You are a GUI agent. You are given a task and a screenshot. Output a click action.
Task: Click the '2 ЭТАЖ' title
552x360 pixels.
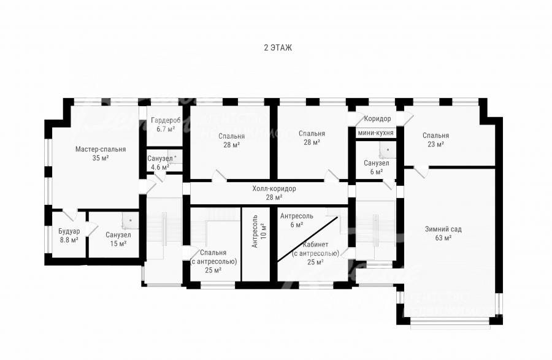(x=278, y=47)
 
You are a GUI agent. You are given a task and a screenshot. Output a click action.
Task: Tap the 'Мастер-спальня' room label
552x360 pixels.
(x=101, y=149)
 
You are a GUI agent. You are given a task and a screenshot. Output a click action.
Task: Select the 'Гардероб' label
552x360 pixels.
(x=166, y=120)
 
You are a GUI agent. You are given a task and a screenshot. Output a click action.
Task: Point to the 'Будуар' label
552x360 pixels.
(x=69, y=231)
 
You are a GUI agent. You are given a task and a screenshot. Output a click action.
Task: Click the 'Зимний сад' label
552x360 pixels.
(x=443, y=229)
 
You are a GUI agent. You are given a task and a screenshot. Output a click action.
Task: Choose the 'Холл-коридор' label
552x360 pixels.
(x=274, y=189)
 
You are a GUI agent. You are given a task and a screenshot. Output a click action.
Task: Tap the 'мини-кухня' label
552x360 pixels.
(x=375, y=133)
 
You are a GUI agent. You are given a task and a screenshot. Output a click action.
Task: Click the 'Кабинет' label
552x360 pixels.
(x=315, y=245)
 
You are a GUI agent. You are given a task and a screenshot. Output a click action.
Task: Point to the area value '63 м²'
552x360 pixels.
(x=443, y=238)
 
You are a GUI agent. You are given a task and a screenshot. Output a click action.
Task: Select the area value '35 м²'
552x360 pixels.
(x=101, y=158)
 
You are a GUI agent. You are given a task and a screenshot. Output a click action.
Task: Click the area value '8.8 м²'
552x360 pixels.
(x=69, y=240)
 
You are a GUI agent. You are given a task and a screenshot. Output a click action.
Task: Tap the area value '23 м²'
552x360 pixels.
(x=435, y=144)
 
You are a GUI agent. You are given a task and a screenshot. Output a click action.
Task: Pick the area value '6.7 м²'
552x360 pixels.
(x=166, y=129)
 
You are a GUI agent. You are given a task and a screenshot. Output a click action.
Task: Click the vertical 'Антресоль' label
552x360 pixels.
(x=255, y=231)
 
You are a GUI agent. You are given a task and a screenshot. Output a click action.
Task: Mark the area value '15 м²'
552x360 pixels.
(x=118, y=243)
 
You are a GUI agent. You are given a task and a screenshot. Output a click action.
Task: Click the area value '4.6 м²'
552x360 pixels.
(x=160, y=167)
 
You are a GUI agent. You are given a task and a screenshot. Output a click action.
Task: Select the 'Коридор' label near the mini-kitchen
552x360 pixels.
(x=377, y=118)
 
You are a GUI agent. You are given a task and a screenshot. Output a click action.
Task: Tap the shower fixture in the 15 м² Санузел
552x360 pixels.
(x=129, y=221)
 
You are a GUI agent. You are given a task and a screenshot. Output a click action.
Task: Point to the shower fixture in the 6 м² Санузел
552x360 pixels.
(x=387, y=150)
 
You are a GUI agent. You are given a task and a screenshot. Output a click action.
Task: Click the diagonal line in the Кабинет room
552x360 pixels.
(x=308, y=239)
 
